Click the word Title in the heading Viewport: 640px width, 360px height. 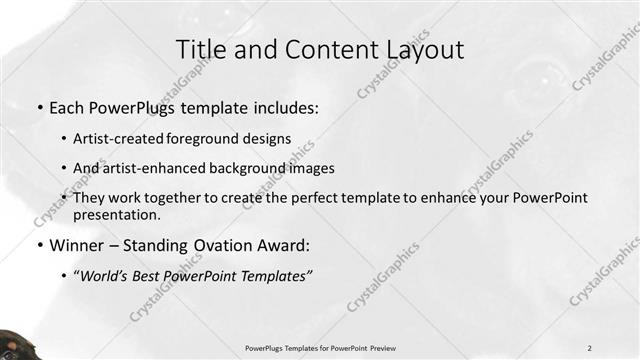click(x=201, y=50)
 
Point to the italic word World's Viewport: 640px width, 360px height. click(x=111, y=274)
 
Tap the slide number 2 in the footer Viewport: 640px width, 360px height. click(x=590, y=347)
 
